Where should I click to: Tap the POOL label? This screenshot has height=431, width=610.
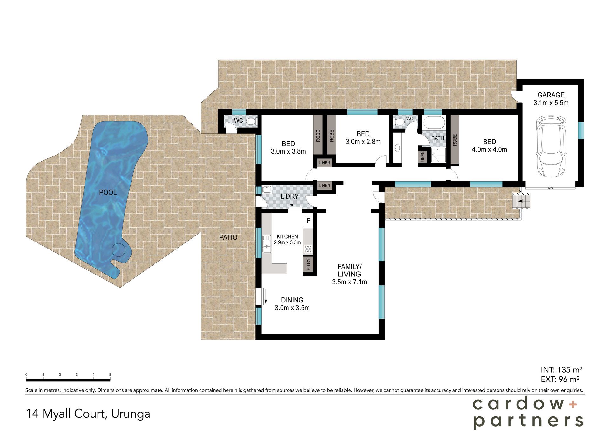[108, 192]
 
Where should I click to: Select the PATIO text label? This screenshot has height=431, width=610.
[228, 237]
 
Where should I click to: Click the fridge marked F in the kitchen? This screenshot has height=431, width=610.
[308, 221]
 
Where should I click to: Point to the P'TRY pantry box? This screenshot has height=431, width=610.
[308, 264]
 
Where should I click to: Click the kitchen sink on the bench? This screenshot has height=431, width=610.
[267, 244]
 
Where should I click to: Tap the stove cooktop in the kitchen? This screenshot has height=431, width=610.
[308, 249]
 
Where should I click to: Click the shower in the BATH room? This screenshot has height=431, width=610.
[438, 155]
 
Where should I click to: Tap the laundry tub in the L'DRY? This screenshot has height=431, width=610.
[266, 189]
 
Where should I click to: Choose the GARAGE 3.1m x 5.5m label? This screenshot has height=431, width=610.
[551, 99]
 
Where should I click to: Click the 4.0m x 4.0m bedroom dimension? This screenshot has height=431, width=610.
[489, 149]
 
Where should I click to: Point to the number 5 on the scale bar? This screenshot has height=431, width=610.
[110, 375]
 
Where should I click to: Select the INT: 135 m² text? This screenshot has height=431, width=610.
[561, 370]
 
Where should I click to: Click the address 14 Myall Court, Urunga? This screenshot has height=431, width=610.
[88, 414]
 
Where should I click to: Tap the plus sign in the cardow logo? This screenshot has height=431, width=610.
[573, 404]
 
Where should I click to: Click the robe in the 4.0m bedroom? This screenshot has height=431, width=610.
[455, 140]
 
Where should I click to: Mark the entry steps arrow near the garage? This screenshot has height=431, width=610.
[520, 201]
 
